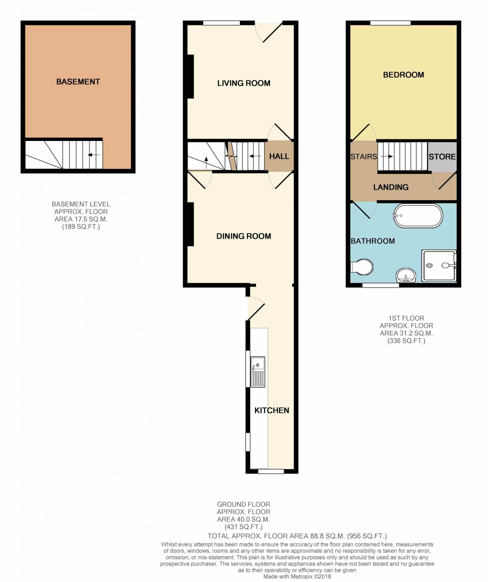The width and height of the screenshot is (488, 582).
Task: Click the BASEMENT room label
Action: tap(78, 82)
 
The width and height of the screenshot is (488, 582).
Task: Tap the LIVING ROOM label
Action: tap(244, 83)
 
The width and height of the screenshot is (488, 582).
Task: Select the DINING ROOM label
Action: tap(244, 236)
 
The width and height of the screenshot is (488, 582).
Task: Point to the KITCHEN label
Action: tap(272, 410)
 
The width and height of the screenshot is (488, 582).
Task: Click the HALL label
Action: tap(279, 156)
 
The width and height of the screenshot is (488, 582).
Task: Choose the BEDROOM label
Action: tap(403, 75)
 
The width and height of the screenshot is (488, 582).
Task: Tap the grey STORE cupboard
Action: tap(442, 157)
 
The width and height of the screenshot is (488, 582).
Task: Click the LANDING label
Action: tap(391, 187)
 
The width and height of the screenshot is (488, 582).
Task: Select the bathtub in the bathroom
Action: tap(418, 216)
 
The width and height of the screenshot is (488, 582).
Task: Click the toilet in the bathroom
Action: tap(361, 267)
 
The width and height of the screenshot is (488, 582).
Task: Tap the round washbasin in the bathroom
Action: tap(406, 275)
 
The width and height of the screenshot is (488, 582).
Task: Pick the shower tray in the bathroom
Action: tap(439, 266)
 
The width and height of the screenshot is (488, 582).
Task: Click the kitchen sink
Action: tap(258, 372)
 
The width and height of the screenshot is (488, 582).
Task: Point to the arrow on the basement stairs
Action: tap(93, 155)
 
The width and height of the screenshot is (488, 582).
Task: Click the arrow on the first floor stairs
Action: tap(387, 157)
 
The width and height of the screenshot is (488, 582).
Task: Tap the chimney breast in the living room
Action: tap(190, 76)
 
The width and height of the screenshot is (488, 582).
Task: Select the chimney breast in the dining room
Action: tap(190, 224)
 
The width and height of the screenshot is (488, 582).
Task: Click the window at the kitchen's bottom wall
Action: tap(271, 471)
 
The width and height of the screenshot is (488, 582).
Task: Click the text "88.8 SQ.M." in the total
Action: tap(327, 536)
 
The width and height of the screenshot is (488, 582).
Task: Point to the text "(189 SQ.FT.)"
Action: tap(81, 226)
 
